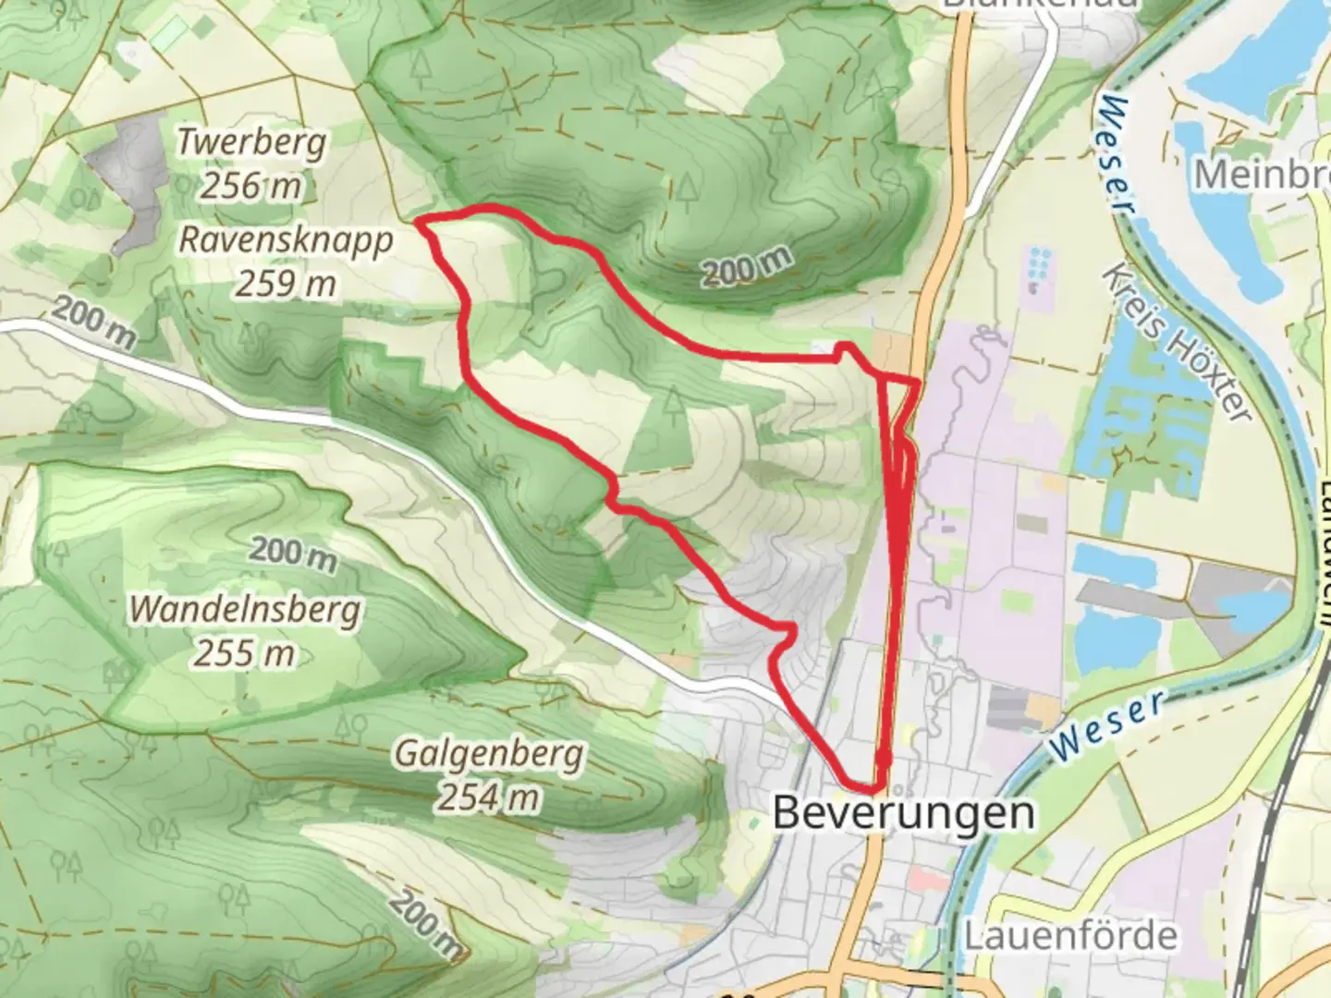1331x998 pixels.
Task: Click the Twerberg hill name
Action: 251,142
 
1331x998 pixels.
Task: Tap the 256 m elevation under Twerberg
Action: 251,186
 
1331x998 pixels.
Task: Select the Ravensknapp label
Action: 286,239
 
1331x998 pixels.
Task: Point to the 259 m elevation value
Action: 285,284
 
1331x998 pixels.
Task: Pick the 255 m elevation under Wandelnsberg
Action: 245,653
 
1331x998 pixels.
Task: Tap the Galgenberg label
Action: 489,754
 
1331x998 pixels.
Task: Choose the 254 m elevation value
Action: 489,797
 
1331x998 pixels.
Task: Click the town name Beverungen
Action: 903,813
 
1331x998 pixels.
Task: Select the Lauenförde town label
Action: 1070,935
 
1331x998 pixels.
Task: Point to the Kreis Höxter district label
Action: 1177,347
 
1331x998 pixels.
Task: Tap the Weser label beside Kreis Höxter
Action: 1117,152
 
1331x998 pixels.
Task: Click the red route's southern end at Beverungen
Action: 873,787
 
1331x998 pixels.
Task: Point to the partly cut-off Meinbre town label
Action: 1261,174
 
